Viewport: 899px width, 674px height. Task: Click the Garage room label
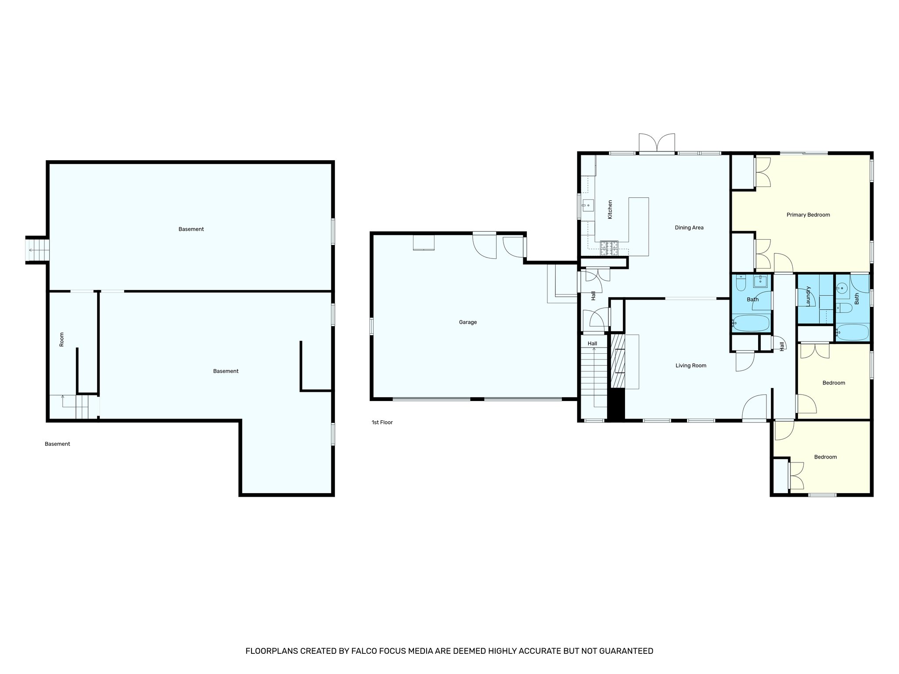(x=467, y=322)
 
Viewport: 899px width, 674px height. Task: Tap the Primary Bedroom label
(x=808, y=215)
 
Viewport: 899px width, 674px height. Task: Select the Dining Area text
(x=689, y=227)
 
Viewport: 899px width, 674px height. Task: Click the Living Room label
(x=690, y=366)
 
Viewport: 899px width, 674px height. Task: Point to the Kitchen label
(x=610, y=209)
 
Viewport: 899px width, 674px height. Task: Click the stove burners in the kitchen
(x=609, y=248)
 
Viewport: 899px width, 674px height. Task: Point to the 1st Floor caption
(x=382, y=423)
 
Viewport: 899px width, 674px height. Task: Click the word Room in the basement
(x=61, y=339)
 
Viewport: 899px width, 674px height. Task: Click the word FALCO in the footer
(x=364, y=651)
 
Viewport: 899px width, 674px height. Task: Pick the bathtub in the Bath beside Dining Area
(x=751, y=323)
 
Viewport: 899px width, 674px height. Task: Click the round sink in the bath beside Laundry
(x=841, y=289)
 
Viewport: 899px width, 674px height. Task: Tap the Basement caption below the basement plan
(x=57, y=444)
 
